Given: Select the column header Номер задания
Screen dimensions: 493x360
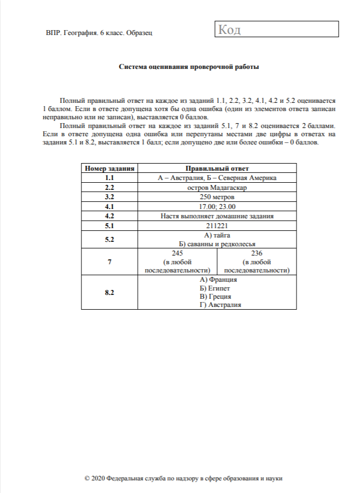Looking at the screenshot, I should [x=109, y=169].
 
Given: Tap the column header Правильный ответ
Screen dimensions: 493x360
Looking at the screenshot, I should [x=216, y=169].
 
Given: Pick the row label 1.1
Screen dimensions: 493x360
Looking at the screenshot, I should [x=109, y=178].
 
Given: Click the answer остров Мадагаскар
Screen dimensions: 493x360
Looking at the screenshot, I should [x=216, y=188].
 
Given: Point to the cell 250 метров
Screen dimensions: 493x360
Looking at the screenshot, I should [x=216, y=197].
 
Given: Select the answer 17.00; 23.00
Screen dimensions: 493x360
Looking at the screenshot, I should [x=216, y=206].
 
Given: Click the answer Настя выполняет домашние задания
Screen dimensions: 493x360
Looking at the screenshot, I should [x=216, y=216].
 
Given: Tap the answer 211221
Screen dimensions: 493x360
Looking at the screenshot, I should [x=216, y=225].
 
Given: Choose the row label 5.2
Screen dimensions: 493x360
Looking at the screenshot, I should [x=109, y=239].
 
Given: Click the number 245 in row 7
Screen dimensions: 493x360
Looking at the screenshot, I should [x=177, y=253].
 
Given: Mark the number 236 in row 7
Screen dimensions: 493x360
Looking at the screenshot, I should [x=257, y=253].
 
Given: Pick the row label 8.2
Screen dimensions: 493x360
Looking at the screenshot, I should [x=109, y=292].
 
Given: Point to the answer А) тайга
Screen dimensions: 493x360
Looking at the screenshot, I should [x=216, y=235].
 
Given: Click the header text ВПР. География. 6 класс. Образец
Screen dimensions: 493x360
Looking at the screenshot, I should [x=99, y=33].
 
